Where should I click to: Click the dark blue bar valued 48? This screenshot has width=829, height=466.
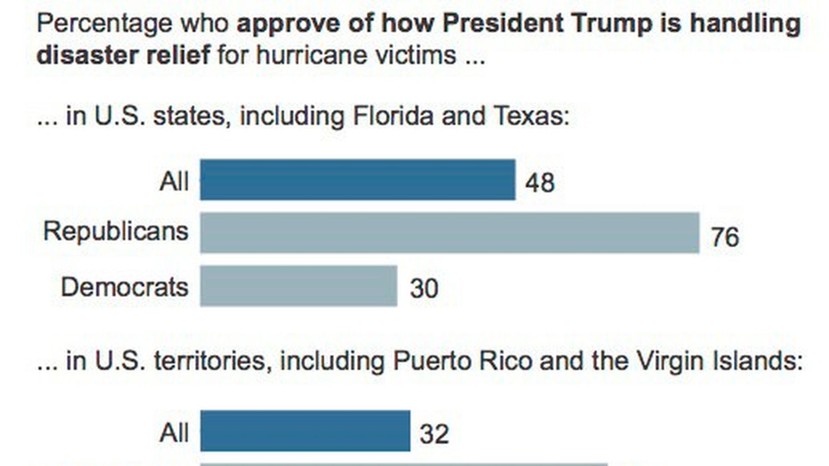pyautogui.click(x=358, y=179)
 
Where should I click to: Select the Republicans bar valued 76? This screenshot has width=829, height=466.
pyautogui.click(x=449, y=233)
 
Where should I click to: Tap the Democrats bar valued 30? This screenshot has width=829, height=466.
pyautogui.click(x=298, y=286)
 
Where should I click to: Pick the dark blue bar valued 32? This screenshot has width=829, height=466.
pyautogui.click(x=305, y=431)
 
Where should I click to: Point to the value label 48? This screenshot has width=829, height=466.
pyautogui.click(x=540, y=183)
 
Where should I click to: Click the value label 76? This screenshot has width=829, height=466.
pyautogui.click(x=725, y=237)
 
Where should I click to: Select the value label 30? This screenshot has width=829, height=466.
pyautogui.click(x=424, y=288)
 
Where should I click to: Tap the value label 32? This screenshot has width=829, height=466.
pyautogui.click(x=434, y=434)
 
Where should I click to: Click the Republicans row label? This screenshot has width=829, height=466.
pyautogui.click(x=116, y=232)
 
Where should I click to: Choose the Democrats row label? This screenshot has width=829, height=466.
pyautogui.click(x=124, y=287)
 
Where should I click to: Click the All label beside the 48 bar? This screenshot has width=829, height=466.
pyautogui.click(x=174, y=181)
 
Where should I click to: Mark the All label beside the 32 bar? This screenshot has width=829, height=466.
pyautogui.click(x=174, y=432)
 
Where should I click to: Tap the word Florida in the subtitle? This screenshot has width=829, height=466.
pyautogui.click(x=393, y=116)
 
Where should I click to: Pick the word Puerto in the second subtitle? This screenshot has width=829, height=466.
pyautogui.click(x=432, y=360)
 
